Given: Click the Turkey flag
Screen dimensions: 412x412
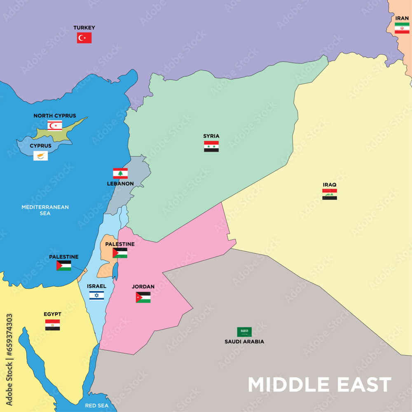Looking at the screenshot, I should pyautogui.click(x=84, y=38).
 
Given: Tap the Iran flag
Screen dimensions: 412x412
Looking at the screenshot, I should pyautogui.click(x=402, y=28).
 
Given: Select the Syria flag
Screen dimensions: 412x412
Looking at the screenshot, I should pyautogui.click(x=211, y=146).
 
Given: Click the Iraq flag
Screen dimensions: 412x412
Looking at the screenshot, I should pyautogui.click(x=330, y=194).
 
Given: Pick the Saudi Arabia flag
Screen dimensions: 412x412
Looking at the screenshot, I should pyautogui.click(x=244, y=332).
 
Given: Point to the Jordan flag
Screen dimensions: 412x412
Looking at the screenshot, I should pyautogui.click(x=143, y=297).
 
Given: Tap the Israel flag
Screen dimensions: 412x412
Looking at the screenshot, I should pyautogui.click(x=97, y=295).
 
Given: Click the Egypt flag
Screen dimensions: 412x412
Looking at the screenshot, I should pyautogui.click(x=52, y=325).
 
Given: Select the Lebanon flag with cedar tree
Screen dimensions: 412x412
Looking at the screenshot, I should pyautogui.click(x=120, y=173).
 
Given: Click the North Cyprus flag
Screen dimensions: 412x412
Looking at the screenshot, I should pyautogui.click(x=55, y=125).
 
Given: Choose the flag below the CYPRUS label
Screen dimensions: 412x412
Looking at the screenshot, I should pyautogui.click(x=40, y=156).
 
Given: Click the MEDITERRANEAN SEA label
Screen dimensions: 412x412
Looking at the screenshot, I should pyautogui.click(x=45, y=210).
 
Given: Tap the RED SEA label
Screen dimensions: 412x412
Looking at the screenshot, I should pyautogui.click(x=97, y=406).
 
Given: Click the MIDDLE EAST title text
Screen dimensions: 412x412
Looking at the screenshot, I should pyautogui.click(x=319, y=385).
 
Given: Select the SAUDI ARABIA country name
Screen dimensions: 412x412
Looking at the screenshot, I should pyautogui.click(x=244, y=342).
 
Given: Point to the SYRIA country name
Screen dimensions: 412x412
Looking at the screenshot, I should pyautogui.click(x=211, y=136).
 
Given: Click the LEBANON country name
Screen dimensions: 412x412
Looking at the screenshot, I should pyautogui.click(x=120, y=183).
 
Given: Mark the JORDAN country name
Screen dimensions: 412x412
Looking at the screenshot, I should pyautogui.click(x=143, y=286).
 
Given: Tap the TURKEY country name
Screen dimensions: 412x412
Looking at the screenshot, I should pyautogui.click(x=84, y=28).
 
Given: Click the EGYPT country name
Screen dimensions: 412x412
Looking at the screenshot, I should pyautogui.click(x=52, y=314).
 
